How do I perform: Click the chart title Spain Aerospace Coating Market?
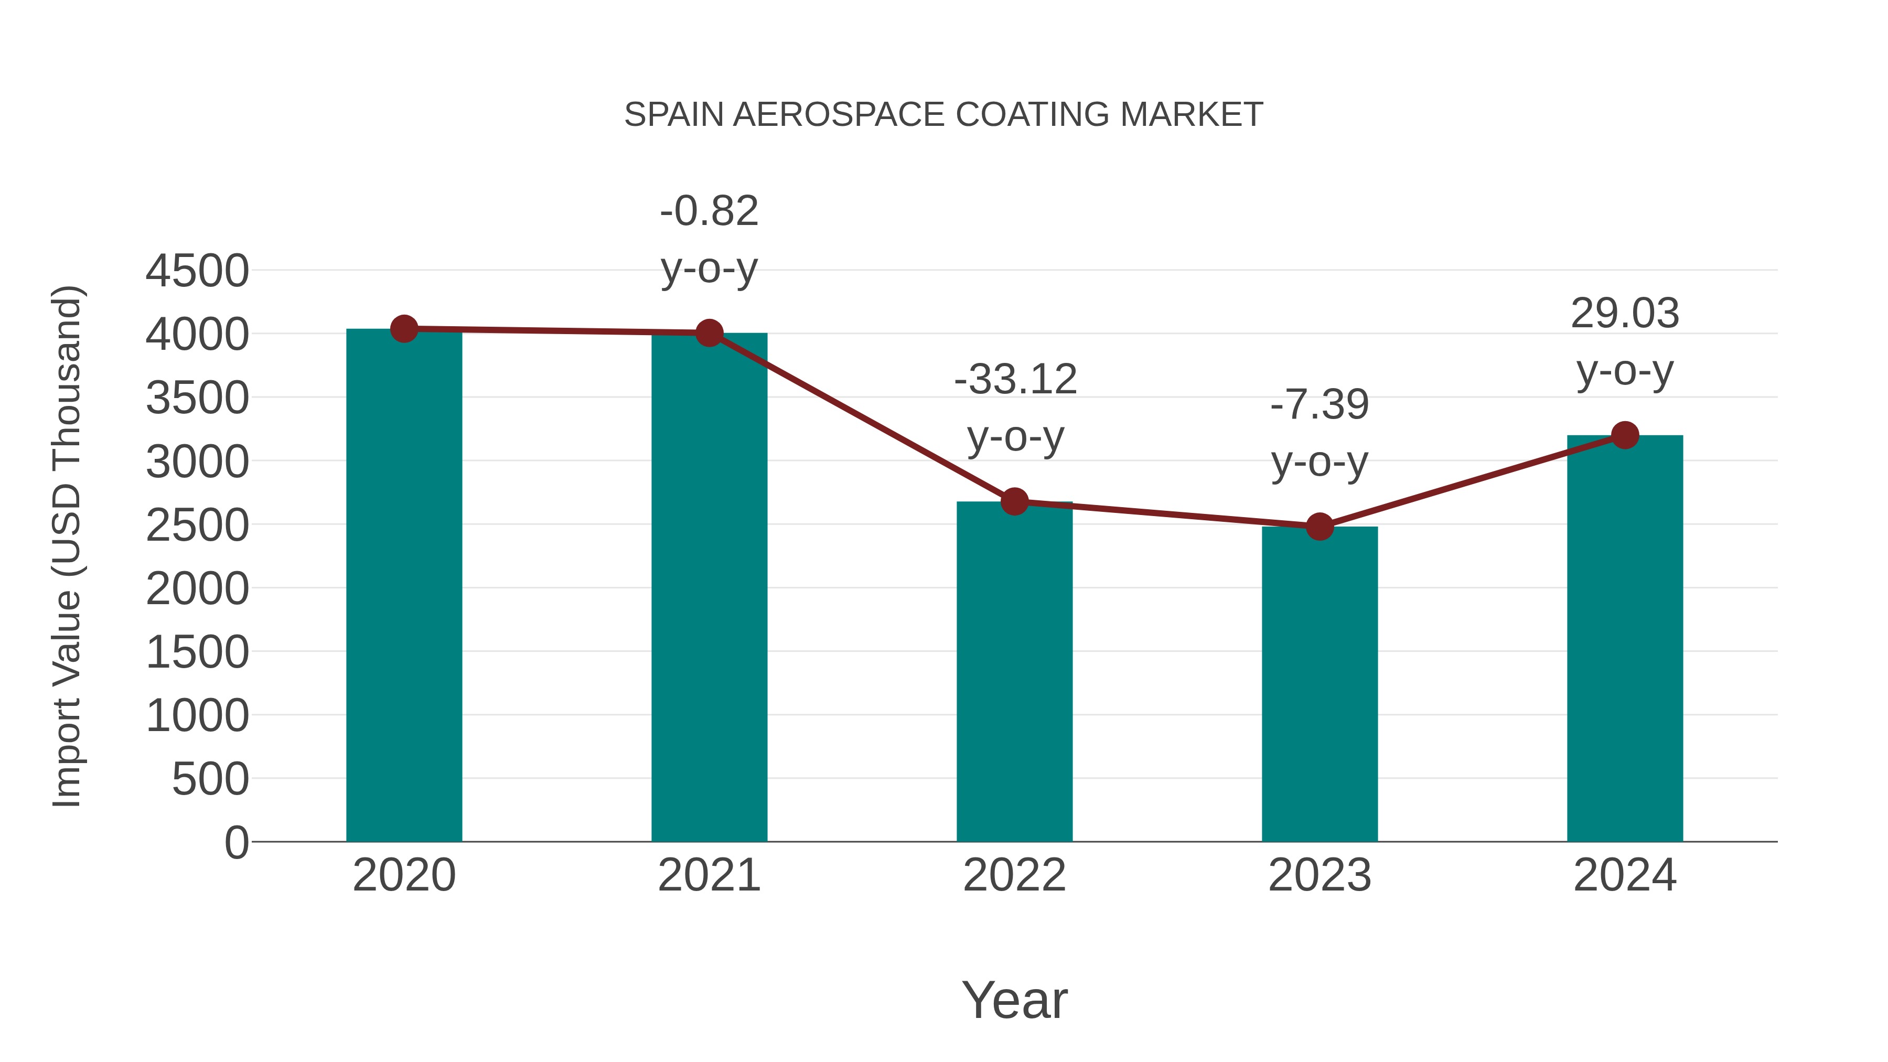coord(943,115)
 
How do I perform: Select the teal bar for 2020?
coord(404,586)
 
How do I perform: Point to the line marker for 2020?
coord(404,329)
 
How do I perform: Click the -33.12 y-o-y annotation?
coord(1015,380)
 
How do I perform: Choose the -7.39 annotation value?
coord(1320,404)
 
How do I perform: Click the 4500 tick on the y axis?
coord(197,271)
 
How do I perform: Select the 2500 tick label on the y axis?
coord(197,525)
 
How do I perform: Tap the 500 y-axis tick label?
coord(210,779)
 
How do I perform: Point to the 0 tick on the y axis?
coord(236,842)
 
